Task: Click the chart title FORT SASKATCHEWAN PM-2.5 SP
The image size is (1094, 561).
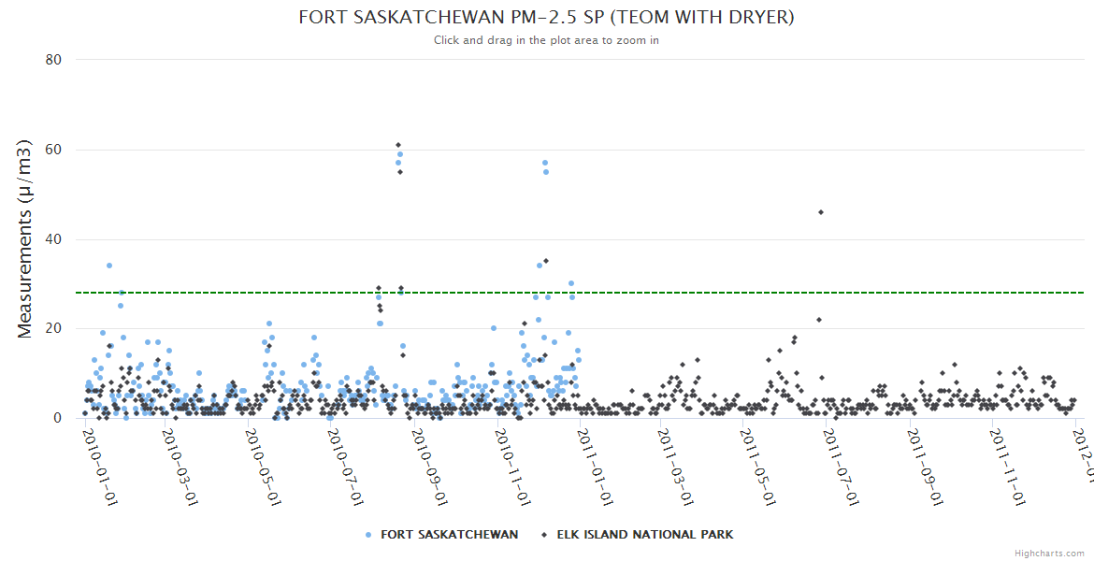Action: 546,18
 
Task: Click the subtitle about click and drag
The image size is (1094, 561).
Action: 546,40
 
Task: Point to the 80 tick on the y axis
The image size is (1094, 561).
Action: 53,60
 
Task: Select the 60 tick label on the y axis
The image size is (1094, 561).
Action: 53,150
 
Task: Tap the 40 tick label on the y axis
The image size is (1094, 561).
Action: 53,239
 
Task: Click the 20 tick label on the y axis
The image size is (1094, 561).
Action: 53,328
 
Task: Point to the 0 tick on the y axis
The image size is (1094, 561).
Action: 57,418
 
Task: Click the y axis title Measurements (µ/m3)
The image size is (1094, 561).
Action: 26,238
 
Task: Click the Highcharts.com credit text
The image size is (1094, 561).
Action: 1049,554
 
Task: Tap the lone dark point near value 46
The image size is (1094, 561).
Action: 821,212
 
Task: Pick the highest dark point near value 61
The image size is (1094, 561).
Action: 398,145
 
